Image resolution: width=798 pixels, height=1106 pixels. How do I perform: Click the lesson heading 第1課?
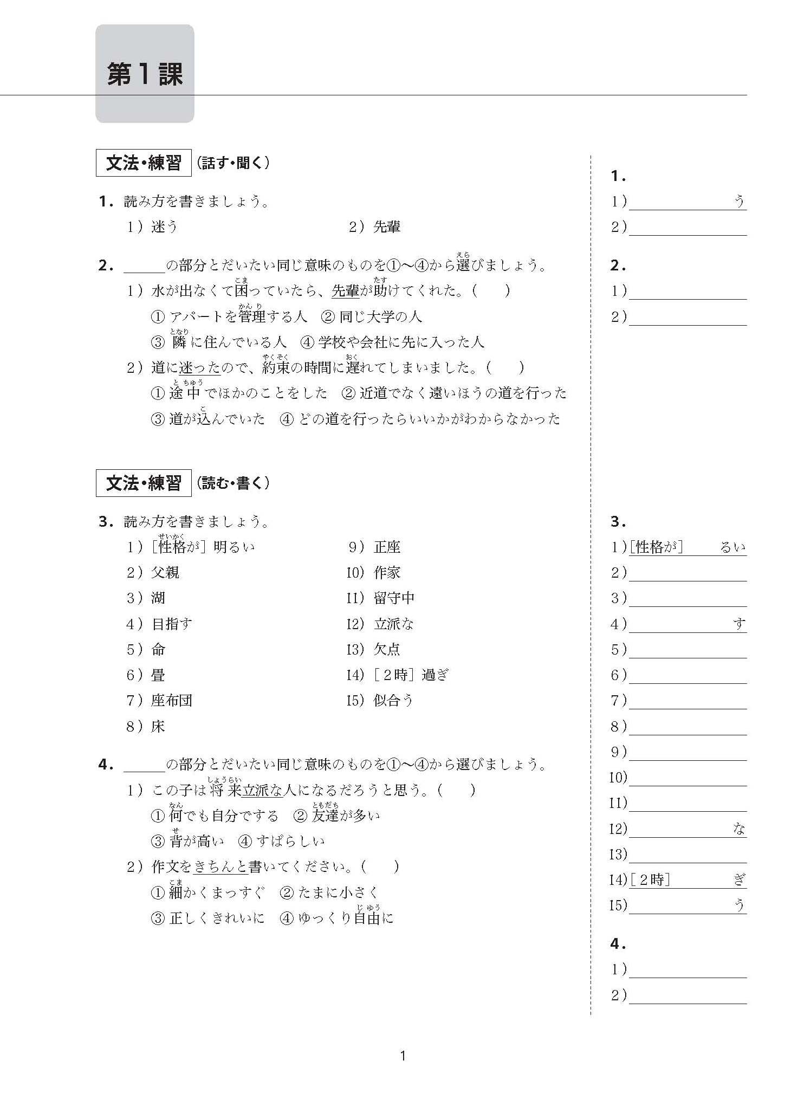click(145, 74)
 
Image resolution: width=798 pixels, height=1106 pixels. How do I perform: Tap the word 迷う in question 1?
click(165, 227)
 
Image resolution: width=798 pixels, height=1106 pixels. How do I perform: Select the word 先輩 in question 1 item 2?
click(387, 227)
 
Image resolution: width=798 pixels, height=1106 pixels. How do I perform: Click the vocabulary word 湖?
click(158, 598)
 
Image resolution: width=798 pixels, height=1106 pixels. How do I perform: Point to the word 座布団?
click(172, 701)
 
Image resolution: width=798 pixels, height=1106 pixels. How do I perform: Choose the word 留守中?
click(394, 598)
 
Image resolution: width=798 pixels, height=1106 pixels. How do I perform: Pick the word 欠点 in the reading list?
click(387, 649)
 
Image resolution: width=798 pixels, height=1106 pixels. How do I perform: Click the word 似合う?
click(393, 701)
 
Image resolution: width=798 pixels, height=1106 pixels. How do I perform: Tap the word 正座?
click(387, 547)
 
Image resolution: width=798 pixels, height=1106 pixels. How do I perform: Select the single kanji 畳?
click(158, 675)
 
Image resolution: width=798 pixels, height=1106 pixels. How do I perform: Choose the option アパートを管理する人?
click(238, 316)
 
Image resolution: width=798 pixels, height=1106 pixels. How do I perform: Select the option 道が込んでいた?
click(217, 419)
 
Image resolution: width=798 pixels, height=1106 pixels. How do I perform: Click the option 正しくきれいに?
click(217, 918)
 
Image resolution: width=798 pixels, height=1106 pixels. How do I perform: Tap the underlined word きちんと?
click(220, 867)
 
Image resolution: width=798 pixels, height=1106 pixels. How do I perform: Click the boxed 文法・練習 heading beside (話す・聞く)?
click(144, 163)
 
